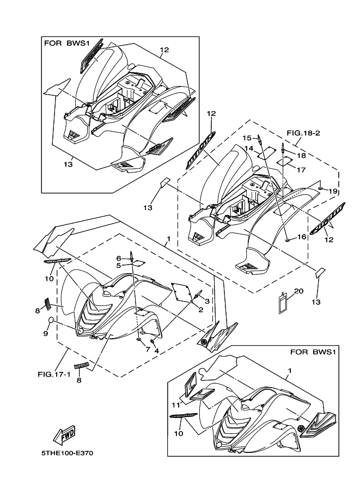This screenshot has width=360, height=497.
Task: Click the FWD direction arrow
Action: [x=64, y=434]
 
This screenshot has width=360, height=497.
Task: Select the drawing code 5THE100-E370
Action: [x=66, y=453]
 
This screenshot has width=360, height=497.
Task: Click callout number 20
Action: [x=298, y=291]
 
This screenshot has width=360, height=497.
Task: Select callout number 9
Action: [x=46, y=333]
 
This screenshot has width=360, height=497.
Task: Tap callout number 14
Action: [x=248, y=148]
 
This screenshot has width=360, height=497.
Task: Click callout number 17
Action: [x=301, y=170]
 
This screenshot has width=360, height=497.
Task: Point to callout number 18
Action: [x=301, y=156]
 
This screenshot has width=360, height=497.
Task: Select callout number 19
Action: [x=333, y=192]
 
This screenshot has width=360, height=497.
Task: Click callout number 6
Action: [x=118, y=258]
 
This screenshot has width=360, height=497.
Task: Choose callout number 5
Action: [x=118, y=265]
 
